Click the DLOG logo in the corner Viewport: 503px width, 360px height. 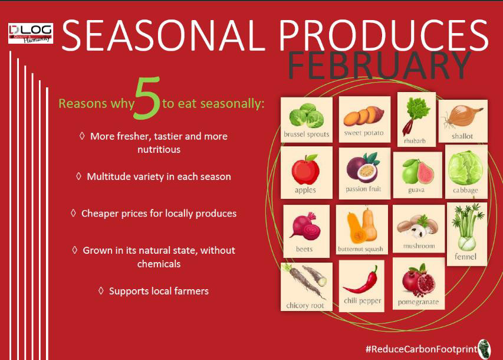(x=31, y=33)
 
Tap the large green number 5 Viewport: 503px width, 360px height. (x=148, y=98)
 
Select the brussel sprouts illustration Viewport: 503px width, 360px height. (x=306, y=116)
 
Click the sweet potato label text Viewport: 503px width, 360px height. (x=364, y=133)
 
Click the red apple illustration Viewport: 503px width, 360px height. (x=305, y=169)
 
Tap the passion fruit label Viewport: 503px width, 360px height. (x=363, y=189)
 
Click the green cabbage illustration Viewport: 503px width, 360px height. (x=465, y=168)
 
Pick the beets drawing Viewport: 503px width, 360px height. (x=305, y=226)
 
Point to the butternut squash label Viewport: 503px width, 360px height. (x=360, y=249)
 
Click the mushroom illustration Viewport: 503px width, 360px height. (x=417, y=227)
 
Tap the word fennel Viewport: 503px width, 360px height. (x=465, y=257)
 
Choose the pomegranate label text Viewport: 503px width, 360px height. (x=418, y=302)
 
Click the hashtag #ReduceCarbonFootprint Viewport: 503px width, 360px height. (x=421, y=349)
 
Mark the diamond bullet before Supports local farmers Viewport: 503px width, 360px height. (x=101, y=290)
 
